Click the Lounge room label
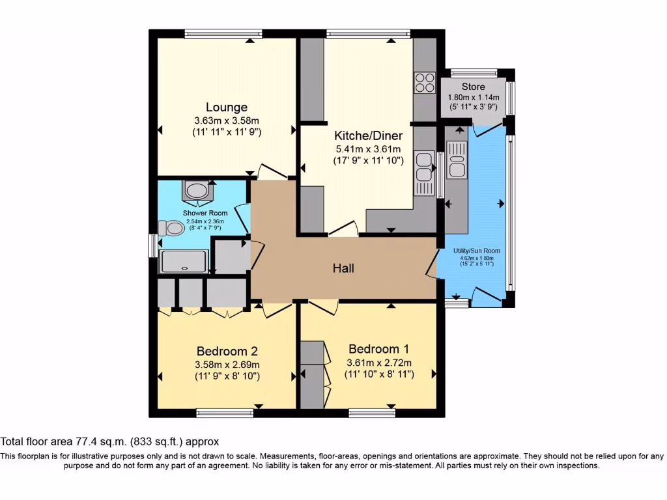point(227,107)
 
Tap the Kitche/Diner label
point(369,135)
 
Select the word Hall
point(343,268)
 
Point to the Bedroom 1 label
point(378,349)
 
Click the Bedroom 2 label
point(227,351)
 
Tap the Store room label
point(474,87)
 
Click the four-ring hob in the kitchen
point(425,83)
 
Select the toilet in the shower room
point(171,228)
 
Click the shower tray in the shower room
point(183,261)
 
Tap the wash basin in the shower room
point(197,191)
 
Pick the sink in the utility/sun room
point(457,160)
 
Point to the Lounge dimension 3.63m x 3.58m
point(227,120)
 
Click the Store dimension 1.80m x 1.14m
point(474,98)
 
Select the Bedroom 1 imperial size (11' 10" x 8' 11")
point(379,374)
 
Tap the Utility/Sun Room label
point(476,251)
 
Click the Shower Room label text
point(205,213)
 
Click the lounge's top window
point(223,34)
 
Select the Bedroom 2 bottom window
point(225,413)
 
